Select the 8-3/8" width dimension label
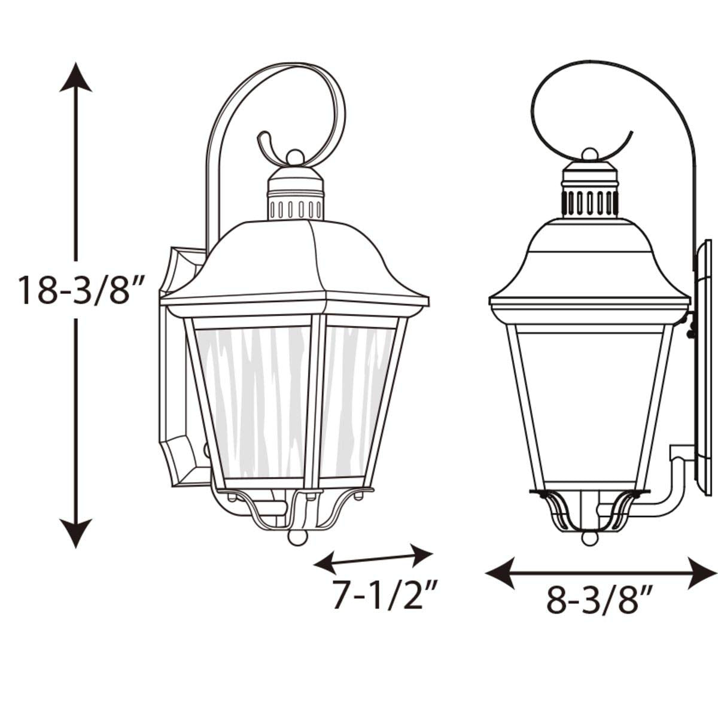tap(599, 600)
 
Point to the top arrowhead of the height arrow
tap(75, 77)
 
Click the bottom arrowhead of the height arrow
tap(75, 533)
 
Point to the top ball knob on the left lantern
tap(294, 157)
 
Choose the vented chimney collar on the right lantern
tap(590, 203)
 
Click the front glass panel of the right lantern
tap(589, 407)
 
